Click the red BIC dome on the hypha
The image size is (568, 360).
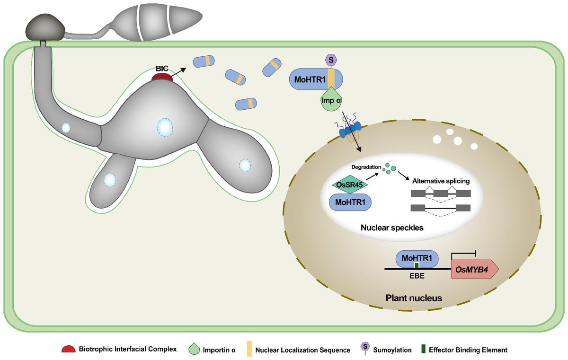coord(162,77)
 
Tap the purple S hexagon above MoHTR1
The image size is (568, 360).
coord(331,60)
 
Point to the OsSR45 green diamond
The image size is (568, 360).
coord(349,184)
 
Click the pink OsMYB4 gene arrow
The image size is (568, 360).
coord(475,269)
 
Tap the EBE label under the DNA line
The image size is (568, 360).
coord(417,276)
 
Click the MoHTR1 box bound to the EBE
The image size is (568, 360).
coord(417,259)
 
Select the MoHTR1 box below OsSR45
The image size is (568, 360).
coord(350,202)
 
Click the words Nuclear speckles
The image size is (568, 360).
coord(392,228)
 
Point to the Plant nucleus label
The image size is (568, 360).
coord(414,298)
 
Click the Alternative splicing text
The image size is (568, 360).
coord(441,181)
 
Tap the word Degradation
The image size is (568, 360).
coord(366,167)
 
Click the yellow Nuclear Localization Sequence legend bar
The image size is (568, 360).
coord(249,349)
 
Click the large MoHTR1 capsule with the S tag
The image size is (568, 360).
coord(316,79)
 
